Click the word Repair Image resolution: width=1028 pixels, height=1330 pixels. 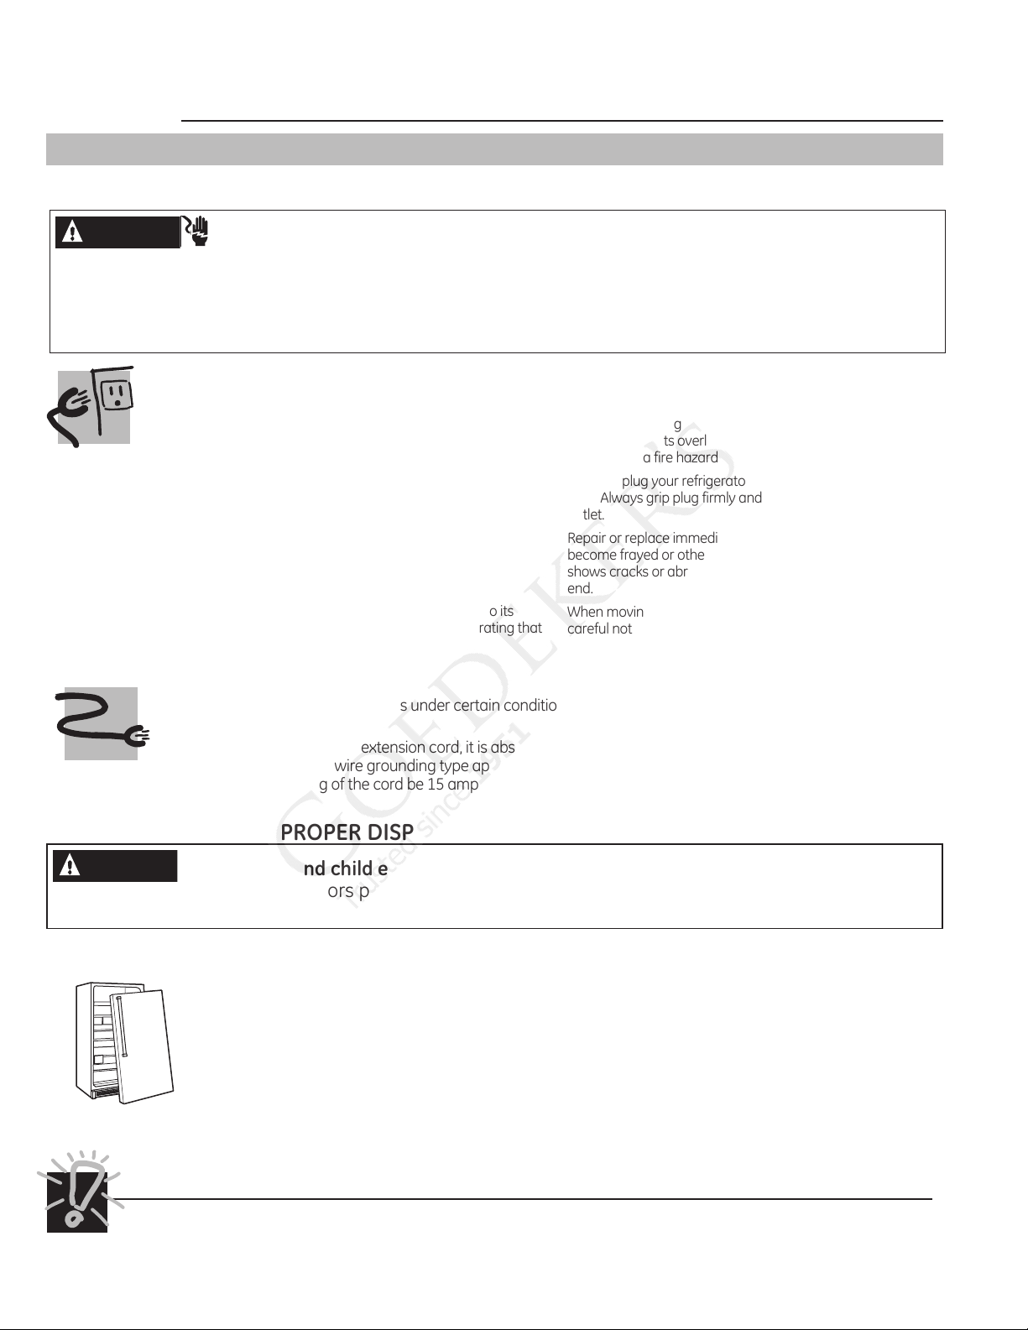tap(587, 538)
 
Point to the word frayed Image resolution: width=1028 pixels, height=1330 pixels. tap(639, 555)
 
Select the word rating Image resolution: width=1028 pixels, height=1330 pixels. tap(496, 628)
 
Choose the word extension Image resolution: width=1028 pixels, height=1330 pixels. tap(393, 748)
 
